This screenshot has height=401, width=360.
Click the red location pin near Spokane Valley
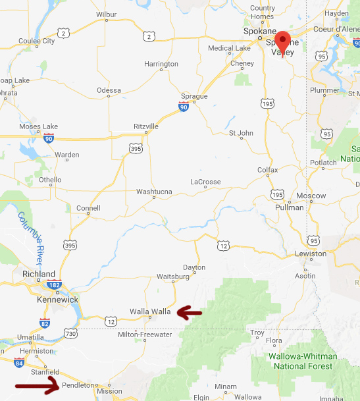point(283,41)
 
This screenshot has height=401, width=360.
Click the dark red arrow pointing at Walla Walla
point(190,312)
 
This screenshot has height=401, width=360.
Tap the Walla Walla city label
point(151,311)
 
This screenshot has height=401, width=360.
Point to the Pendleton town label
point(78,385)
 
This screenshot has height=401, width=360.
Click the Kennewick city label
point(57,300)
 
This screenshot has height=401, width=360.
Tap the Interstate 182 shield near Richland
point(55,285)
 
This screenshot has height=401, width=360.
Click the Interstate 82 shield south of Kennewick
point(44,323)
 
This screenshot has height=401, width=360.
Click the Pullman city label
point(290,207)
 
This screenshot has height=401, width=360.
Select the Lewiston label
point(310,254)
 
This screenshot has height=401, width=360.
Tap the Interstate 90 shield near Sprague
point(185,107)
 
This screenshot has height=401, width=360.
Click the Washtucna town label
point(153,192)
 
